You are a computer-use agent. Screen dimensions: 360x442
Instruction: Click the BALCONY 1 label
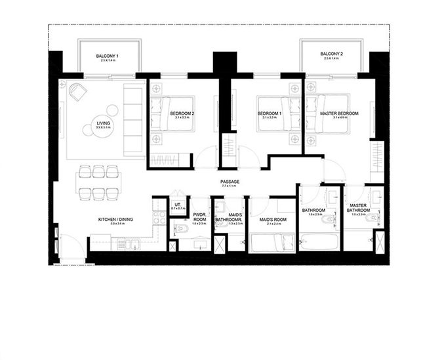(x=108, y=57)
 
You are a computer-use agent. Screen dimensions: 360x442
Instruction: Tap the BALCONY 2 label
(x=332, y=53)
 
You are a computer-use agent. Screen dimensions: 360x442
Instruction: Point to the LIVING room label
(x=103, y=122)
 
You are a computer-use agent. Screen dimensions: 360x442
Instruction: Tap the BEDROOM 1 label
(x=269, y=113)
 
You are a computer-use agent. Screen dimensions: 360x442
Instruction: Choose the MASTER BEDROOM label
(x=339, y=113)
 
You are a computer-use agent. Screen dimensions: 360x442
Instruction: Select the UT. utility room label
(x=176, y=204)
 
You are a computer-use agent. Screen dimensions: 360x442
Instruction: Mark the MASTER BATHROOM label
(x=357, y=208)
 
